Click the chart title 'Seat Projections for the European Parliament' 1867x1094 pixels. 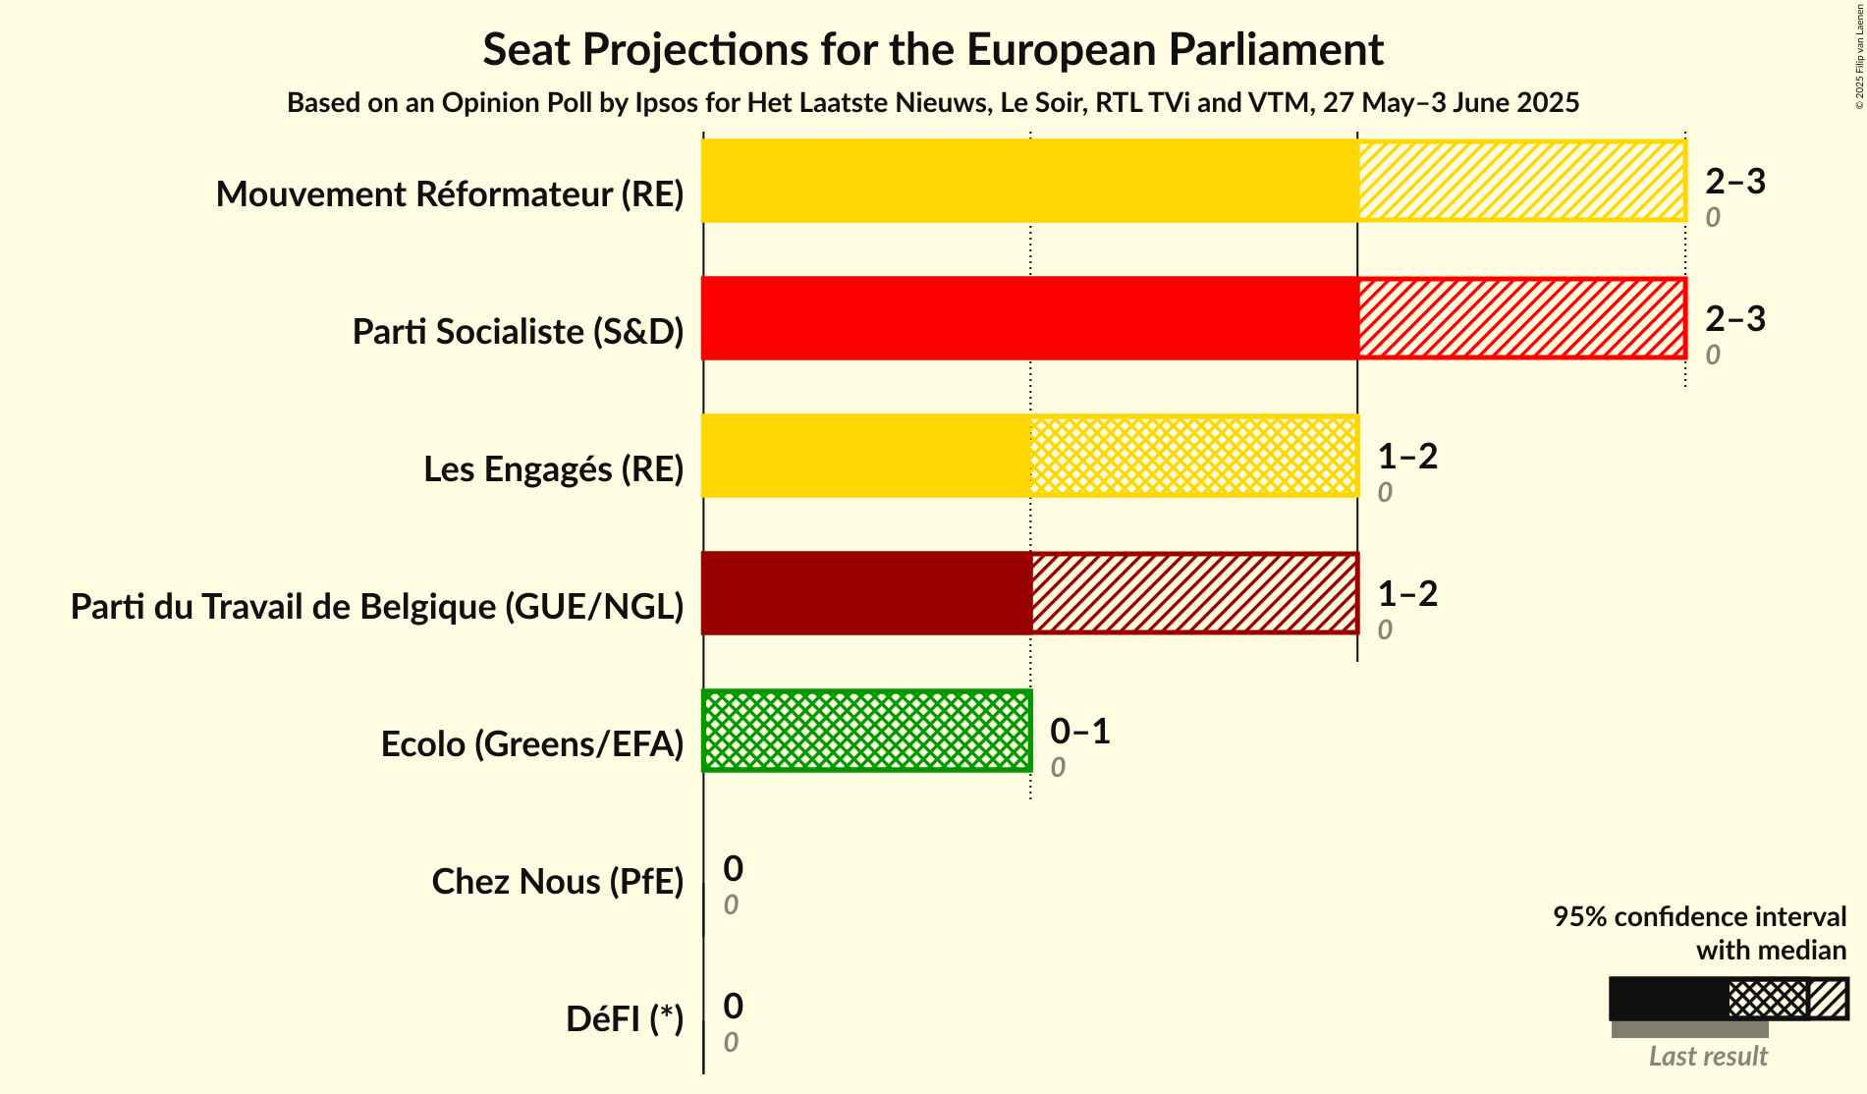click(x=932, y=49)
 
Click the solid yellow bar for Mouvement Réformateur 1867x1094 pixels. click(x=1029, y=181)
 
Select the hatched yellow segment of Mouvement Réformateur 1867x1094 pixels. click(x=1521, y=181)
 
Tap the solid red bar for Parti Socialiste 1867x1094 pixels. click(x=1029, y=318)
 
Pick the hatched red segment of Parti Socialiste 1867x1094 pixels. click(x=1521, y=318)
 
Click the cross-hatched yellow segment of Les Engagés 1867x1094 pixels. click(x=1193, y=456)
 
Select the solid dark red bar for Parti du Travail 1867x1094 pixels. click(x=866, y=593)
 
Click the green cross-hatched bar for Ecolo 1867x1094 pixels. click(x=866, y=731)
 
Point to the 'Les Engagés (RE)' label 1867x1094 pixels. click(x=553, y=469)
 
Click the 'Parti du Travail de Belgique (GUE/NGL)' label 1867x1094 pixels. click(x=377, y=607)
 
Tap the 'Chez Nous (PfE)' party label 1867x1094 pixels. click(x=557, y=882)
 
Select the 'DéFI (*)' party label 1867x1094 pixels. click(x=624, y=1019)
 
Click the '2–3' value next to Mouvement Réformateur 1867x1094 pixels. click(x=1734, y=181)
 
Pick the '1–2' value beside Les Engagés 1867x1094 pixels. click(x=1406, y=456)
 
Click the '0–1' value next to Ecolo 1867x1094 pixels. click(x=1079, y=731)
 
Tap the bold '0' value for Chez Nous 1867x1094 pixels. click(x=733, y=868)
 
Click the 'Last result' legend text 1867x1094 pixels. click(x=1707, y=1056)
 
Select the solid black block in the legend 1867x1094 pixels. click(x=1668, y=999)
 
